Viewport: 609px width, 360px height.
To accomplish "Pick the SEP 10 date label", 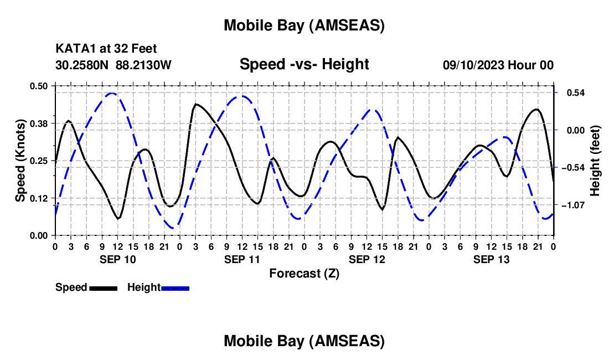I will [x=117, y=259].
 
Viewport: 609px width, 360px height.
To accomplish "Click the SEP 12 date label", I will [x=367, y=259].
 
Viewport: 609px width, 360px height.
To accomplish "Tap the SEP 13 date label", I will [x=491, y=259].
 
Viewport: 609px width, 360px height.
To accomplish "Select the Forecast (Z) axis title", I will [x=304, y=273].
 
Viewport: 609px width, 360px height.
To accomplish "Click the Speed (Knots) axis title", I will [x=20, y=161].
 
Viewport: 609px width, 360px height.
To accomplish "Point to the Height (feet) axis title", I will [x=595, y=161].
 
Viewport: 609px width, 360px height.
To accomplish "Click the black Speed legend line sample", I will [x=102, y=287].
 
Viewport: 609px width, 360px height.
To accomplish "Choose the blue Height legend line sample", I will [x=175, y=287].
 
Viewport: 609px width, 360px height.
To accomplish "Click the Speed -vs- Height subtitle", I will [x=304, y=65].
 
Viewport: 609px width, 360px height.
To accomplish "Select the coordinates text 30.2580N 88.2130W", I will [x=113, y=65].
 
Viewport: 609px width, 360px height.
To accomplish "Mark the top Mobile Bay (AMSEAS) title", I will [x=304, y=25].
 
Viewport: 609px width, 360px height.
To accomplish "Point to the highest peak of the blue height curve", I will [x=111, y=93].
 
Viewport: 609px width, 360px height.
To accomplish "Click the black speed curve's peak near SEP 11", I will [x=196, y=104].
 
